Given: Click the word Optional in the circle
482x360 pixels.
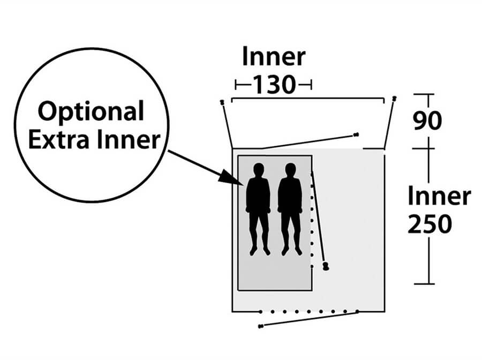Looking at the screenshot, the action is (x=91, y=112).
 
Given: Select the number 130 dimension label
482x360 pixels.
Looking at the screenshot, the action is (x=274, y=85).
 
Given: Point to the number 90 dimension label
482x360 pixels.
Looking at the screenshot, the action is (x=427, y=121).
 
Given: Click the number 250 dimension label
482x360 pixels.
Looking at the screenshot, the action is (x=430, y=224).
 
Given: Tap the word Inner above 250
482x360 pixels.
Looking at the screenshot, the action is (x=439, y=197).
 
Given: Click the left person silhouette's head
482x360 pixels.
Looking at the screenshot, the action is (x=259, y=170).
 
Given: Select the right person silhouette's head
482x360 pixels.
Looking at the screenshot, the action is (x=290, y=170).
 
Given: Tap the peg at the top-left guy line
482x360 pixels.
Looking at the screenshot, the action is (x=222, y=102).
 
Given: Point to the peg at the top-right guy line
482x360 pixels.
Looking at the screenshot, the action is (x=394, y=99).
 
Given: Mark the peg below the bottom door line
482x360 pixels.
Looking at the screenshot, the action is (x=261, y=326).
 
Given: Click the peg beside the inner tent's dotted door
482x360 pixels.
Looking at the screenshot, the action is (x=326, y=266).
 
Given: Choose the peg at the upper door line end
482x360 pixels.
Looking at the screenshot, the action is (x=356, y=134).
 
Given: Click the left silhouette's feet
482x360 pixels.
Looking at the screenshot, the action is (x=260, y=251).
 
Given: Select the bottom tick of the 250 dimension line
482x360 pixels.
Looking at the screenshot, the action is (x=424, y=284).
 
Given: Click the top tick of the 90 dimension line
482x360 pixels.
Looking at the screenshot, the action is (x=424, y=94).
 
